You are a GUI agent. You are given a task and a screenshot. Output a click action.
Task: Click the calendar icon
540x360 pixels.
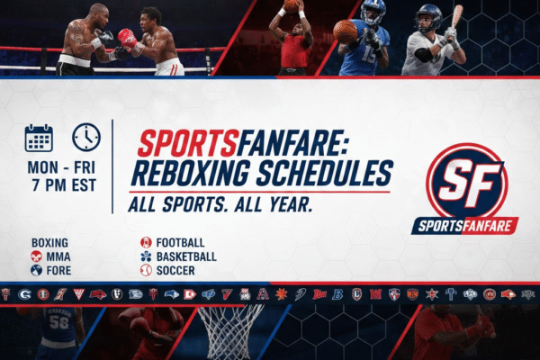[39, 138]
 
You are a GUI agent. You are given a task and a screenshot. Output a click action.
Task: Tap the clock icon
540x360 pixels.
[86, 137]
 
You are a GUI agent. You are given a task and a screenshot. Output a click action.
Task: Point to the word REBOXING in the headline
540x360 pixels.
[189, 172]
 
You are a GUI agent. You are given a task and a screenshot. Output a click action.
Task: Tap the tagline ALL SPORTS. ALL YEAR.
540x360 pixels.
[220, 205]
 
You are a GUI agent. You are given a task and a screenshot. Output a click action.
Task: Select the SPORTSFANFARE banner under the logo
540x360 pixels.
[465, 224]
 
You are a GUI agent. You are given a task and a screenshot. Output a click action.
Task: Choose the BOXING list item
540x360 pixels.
[49, 243]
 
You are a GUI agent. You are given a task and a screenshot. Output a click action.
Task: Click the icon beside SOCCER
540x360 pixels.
[146, 270]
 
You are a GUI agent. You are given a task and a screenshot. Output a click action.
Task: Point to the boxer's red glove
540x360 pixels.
[127, 39]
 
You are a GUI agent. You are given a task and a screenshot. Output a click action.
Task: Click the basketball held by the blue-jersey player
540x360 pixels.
[345, 31]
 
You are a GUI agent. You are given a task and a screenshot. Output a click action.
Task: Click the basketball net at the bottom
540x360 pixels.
[229, 333]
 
